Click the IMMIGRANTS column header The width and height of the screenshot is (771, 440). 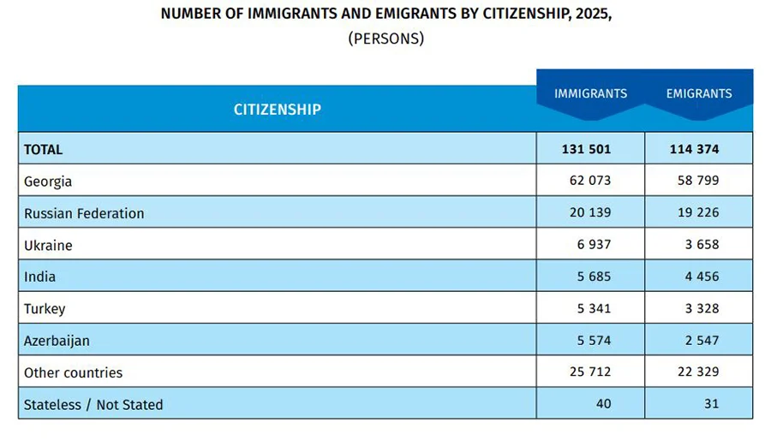click(590, 93)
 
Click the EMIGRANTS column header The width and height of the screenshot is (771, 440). click(699, 93)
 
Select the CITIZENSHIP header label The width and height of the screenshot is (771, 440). click(277, 110)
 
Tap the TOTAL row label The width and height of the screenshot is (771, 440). click(43, 149)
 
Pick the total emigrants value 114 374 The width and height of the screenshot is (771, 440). click(694, 149)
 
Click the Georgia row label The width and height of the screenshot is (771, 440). click(48, 181)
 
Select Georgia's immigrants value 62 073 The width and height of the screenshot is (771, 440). click(590, 181)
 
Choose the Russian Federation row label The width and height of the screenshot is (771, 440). click(84, 213)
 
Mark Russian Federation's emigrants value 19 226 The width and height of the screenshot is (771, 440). click(698, 213)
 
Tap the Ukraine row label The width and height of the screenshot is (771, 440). click(48, 245)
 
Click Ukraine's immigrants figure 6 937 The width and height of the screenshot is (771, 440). click(595, 245)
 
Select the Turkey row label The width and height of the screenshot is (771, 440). click(45, 308)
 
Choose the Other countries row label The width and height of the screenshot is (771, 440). click(73, 372)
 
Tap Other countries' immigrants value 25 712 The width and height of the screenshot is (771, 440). click(590, 372)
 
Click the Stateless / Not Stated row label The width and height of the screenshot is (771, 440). click(93, 404)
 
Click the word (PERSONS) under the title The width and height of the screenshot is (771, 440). click(385, 39)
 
